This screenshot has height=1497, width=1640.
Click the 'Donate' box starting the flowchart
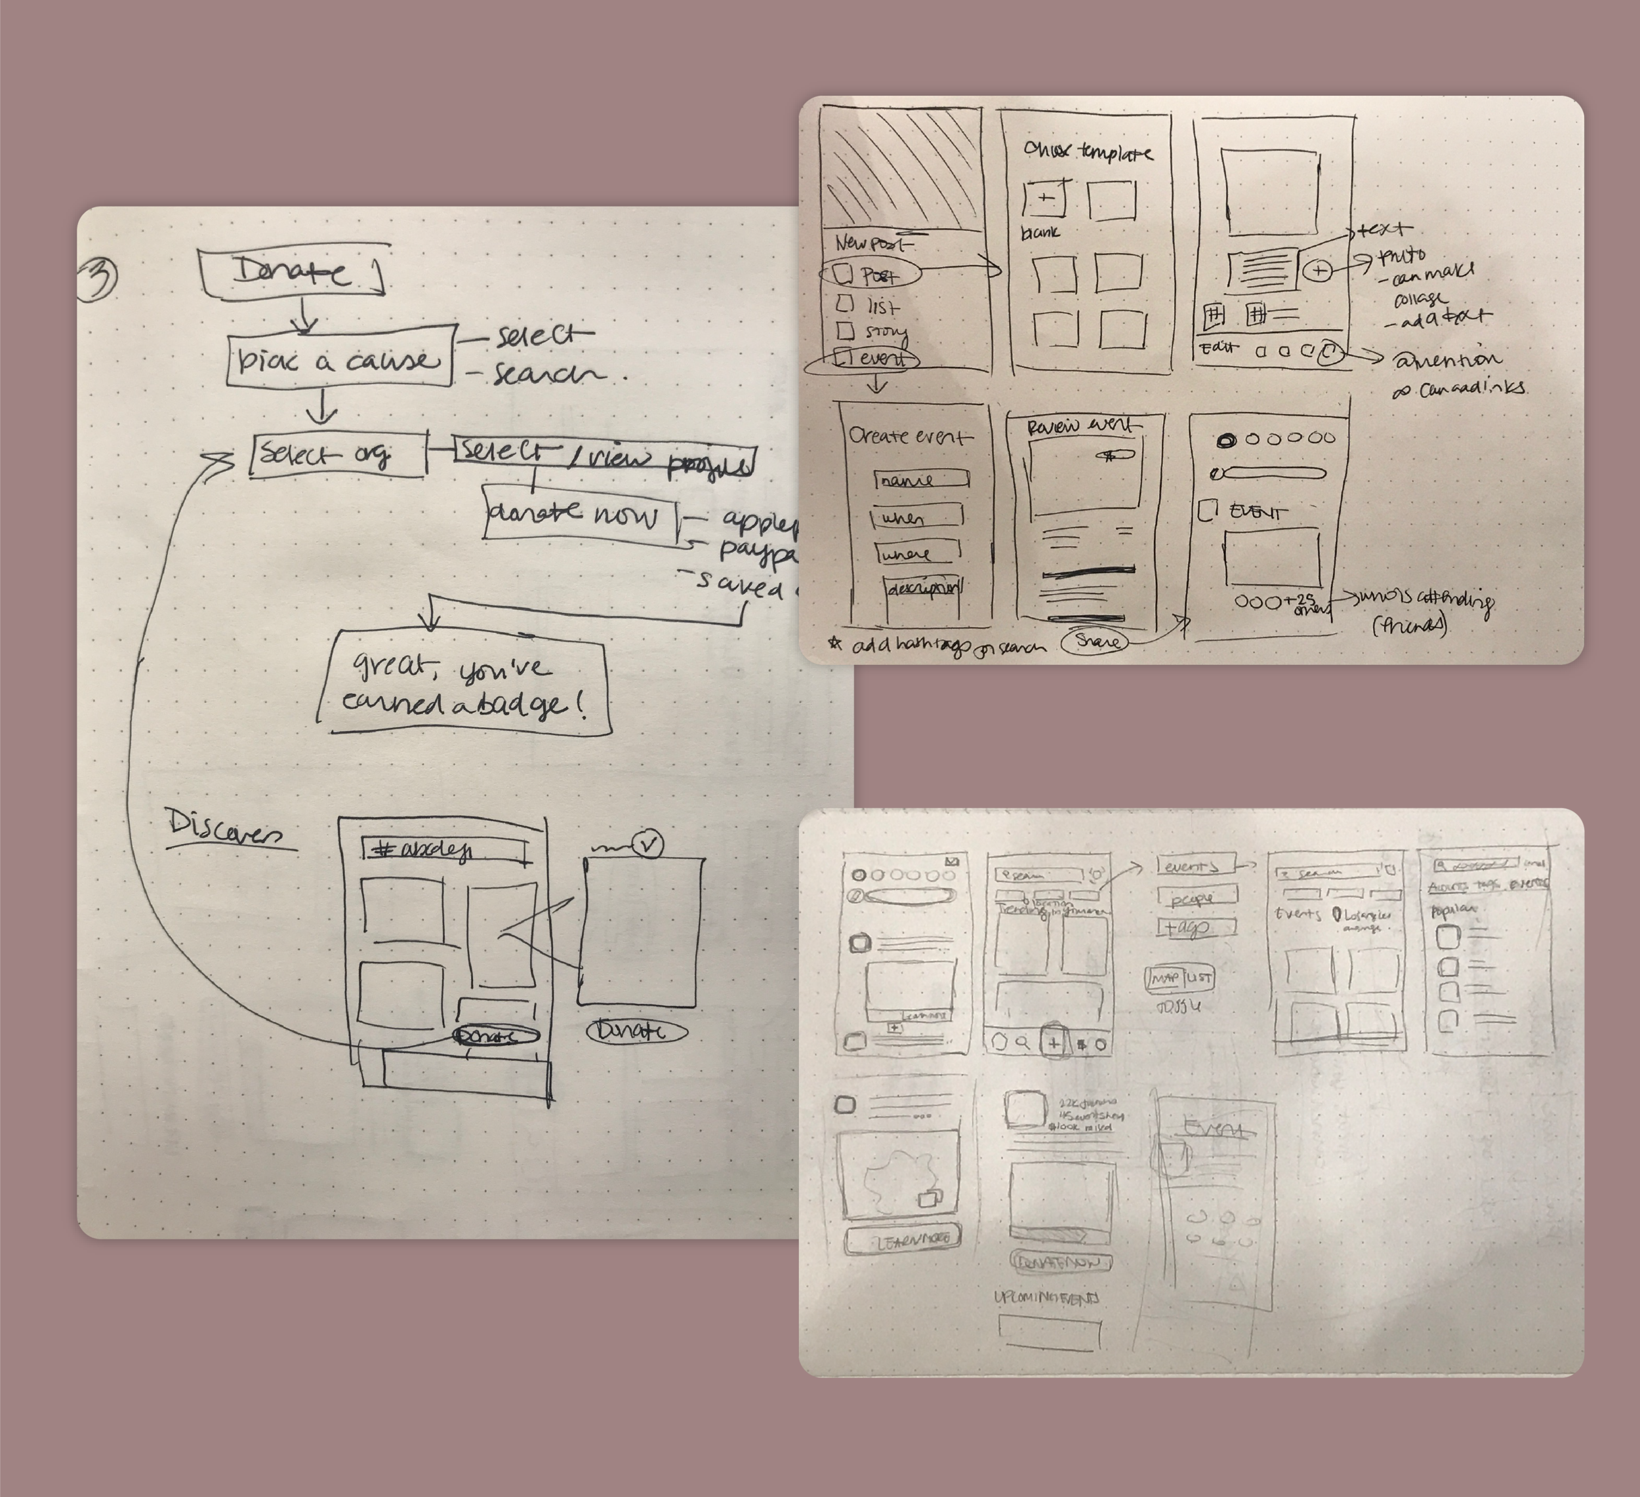(292, 274)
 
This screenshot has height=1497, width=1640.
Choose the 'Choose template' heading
(1088, 152)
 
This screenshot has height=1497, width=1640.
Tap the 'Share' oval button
(1096, 641)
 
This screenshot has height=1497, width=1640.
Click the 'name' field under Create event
(921, 481)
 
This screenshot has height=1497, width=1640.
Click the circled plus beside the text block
(1318, 271)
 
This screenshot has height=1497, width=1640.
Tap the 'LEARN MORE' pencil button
(902, 1239)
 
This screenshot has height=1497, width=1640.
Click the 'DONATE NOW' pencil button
(1060, 1262)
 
